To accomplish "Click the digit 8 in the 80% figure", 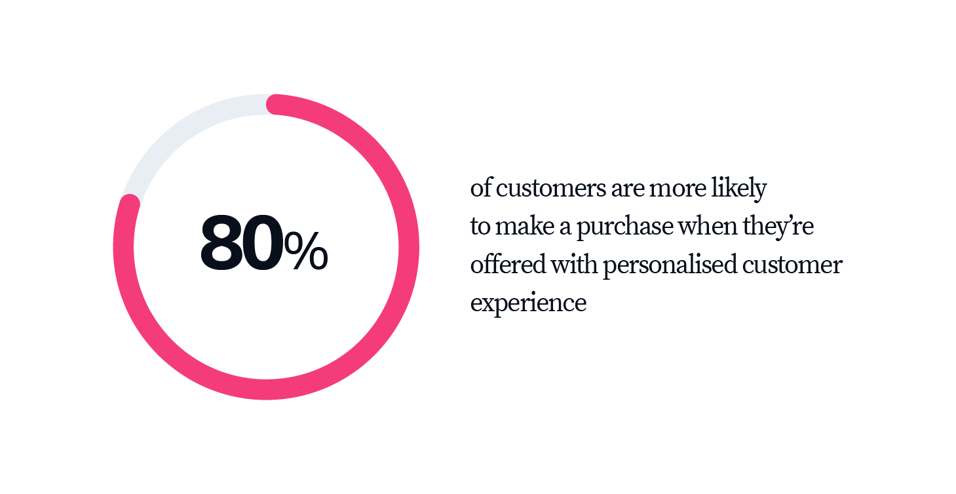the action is point(221,242).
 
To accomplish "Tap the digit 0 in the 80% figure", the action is point(262,242).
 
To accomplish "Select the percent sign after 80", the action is point(305,250).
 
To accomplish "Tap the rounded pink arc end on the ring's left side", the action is point(130,204).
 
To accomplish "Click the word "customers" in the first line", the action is point(551,188).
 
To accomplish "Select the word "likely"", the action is point(738,188).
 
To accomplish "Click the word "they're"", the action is point(778,227).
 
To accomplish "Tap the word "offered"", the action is point(508,264).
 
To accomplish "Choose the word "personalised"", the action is point(670,265).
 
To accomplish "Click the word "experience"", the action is point(528,303).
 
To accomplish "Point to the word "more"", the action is point(678,189).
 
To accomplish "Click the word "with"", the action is point(574,264).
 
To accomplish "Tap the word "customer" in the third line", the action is point(792,265).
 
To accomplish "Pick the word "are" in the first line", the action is point(627,189).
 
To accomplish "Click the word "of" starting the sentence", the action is point(482,187).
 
